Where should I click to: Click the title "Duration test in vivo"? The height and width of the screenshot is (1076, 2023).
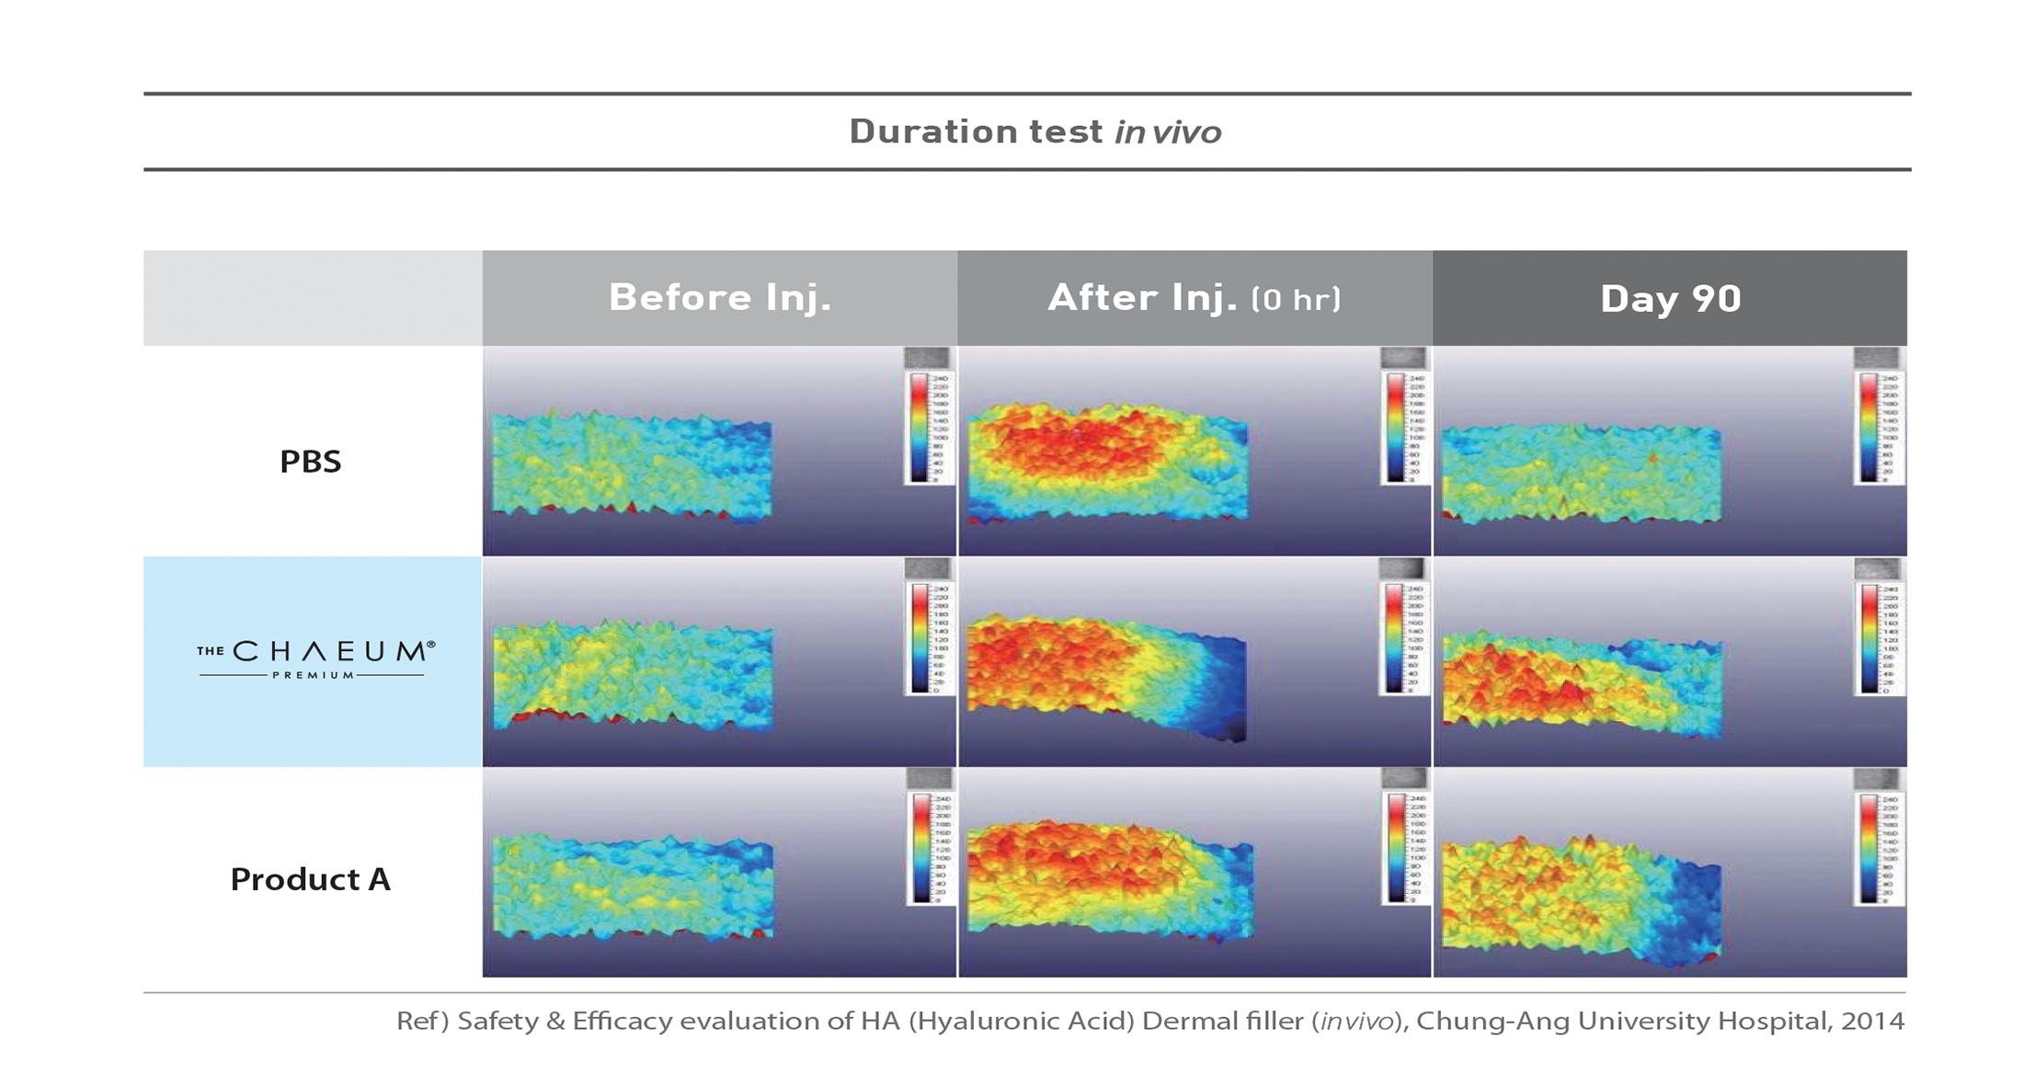coord(1034,132)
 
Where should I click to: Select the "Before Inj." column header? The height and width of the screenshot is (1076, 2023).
coord(719,298)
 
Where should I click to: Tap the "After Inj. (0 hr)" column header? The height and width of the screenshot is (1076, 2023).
coord(1194,298)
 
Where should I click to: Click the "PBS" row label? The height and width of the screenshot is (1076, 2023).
coord(311,461)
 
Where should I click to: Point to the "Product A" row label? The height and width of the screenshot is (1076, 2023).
coord(311,879)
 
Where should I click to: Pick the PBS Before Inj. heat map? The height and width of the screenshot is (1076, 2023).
coord(631,464)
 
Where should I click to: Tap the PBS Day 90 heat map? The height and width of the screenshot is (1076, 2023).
coord(1580,474)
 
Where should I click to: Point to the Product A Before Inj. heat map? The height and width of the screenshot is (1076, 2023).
coord(633,887)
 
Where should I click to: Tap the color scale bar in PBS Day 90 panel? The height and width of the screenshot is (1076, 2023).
coord(1869,428)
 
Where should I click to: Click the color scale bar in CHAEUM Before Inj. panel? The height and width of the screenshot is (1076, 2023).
coord(920,638)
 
